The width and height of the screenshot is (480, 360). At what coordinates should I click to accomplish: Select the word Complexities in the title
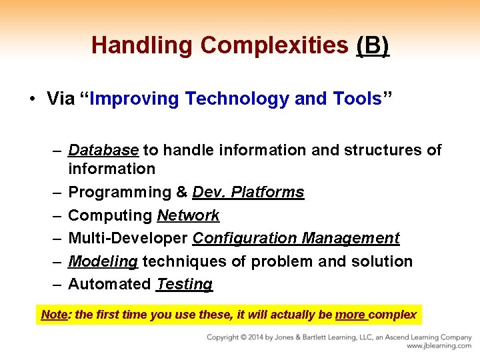click(x=275, y=45)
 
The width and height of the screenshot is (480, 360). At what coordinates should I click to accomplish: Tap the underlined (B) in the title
click(x=373, y=45)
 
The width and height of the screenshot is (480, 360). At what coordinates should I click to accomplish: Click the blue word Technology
click(x=237, y=99)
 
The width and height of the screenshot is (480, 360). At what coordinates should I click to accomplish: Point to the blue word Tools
click(x=357, y=99)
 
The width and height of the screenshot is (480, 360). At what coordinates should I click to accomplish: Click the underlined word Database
click(x=103, y=150)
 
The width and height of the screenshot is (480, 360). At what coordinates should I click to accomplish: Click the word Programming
click(x=120, y=193)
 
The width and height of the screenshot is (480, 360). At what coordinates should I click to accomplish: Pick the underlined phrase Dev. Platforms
click(x=248, y=193)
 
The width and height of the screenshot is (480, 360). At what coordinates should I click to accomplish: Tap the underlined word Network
click(x=188, y=215)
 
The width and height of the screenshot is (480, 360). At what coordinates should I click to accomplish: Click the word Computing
click(x=110, y=215)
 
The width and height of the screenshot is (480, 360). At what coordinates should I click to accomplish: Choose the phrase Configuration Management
click(x=296, y=238)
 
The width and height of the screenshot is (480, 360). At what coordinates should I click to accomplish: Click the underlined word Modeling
click(x=103, y=261)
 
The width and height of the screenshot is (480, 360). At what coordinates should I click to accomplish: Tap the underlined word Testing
click(x=184, y=284)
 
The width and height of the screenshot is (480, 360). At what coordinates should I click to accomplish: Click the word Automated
click(x=109, y=284)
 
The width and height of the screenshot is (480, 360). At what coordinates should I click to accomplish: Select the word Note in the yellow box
click(x=54, y=314)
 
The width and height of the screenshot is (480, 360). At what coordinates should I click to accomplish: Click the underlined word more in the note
click(x=350, y=314)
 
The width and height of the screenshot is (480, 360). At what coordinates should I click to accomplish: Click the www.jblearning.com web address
click(x=439, y=346)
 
